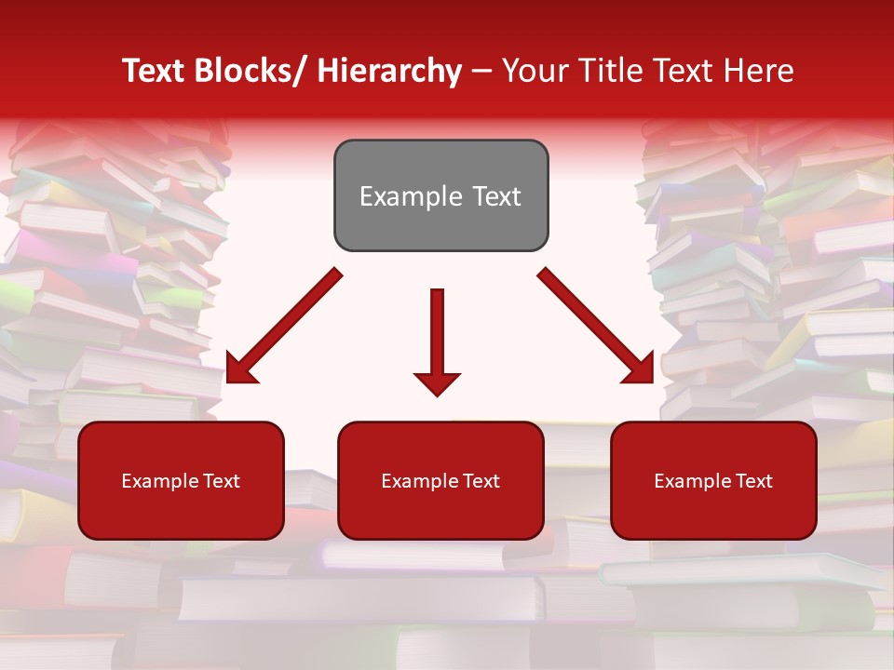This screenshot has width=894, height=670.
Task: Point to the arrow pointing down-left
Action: (x=284, y=325)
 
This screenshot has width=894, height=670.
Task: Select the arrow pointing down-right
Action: (x=596, y=326)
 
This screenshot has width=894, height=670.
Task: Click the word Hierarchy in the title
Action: (x=388, y=72)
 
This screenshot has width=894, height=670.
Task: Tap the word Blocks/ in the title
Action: (x=249, y=72)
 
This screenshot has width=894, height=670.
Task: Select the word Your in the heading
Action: (x=533, y=72)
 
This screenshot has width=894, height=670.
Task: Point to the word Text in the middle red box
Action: (x=479, y=481)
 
